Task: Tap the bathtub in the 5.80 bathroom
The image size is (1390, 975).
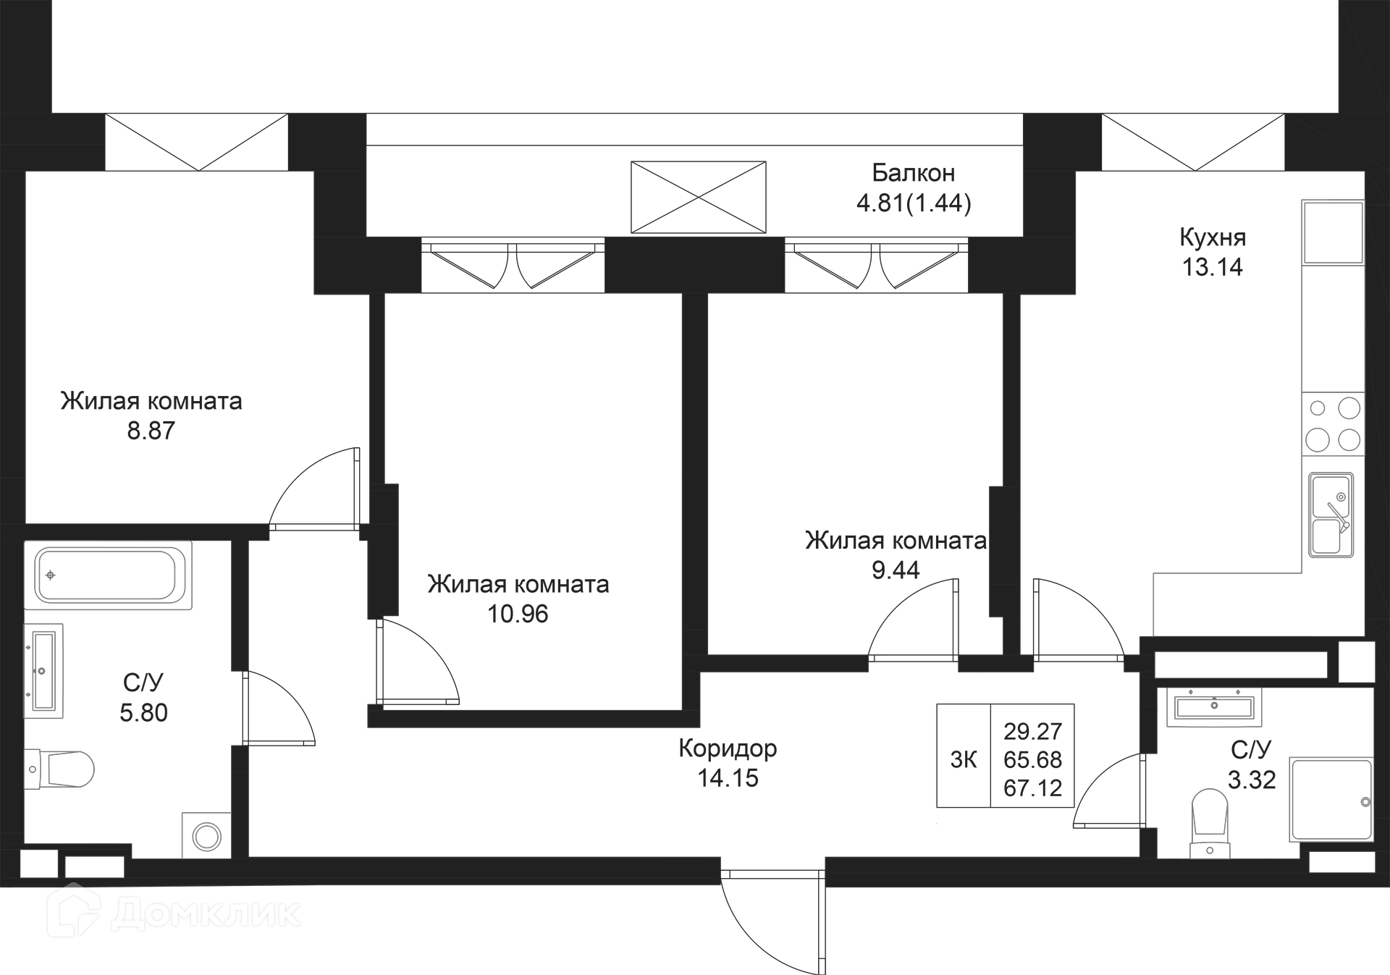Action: click(109, 575)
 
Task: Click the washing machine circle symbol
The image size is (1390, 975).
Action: click(207, 837)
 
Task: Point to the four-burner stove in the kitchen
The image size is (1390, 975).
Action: click(1333, 424)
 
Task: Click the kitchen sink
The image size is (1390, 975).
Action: click(1331, 515)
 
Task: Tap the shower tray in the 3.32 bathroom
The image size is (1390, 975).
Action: click(1331, 800)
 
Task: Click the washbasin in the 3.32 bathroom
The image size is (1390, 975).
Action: click(1214, 706)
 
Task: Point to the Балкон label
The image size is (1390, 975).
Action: click(913, 173)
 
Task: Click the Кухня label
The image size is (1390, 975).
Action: click(1213, 237)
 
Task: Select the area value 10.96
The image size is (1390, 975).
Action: click(518, 615)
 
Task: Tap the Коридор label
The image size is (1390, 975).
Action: click(728, 748)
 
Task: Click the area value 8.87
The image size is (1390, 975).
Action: click(151, 431)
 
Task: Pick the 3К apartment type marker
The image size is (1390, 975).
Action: click(964, 759)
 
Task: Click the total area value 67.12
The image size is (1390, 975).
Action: click(1032, 788)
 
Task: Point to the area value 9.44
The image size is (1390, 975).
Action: click(896, 570)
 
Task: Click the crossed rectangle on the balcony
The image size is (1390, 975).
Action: click(698, 197)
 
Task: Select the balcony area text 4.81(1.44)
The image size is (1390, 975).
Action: click(914, 203)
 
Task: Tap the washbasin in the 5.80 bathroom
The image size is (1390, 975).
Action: click(43, 670)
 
